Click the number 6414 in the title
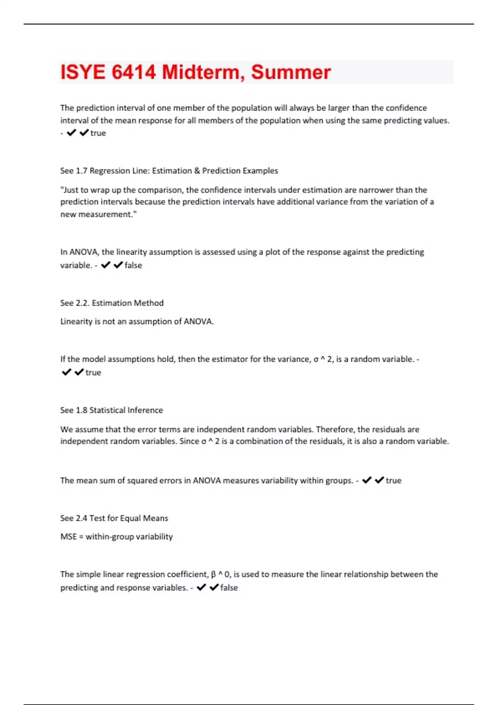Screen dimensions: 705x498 pyautogui.click(x=134, y=72)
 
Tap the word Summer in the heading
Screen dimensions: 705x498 pyautogui.click(x=290, y=72)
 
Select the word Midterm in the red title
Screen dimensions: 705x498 pyautogui.click(x=201, y=72)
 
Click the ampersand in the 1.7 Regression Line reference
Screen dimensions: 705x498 pyautogui.click(x=197, y=171)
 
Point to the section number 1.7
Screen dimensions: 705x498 pyautogui.click(x=81, y=171)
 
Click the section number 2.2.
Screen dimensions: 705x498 pyautogui.click(x=82, y=303)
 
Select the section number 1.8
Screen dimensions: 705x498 pyautogui.click(x=81, y=410)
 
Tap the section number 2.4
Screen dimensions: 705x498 pyautogui.click(x=81, y=518)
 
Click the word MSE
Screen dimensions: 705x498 pyautogui.click(x=68, y=537)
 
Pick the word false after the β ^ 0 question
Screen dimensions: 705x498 pyautogui.click(x=229, y=588)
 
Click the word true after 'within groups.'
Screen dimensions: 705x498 pyautogui.click(x=393, y=481)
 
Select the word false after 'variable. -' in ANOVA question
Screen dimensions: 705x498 pyautogui.click(x=133, y=265)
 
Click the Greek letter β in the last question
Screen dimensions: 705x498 pyautogui.click(x=213, y=575)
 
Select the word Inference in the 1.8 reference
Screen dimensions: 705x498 pyautogui.click(x=145, y=410)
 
